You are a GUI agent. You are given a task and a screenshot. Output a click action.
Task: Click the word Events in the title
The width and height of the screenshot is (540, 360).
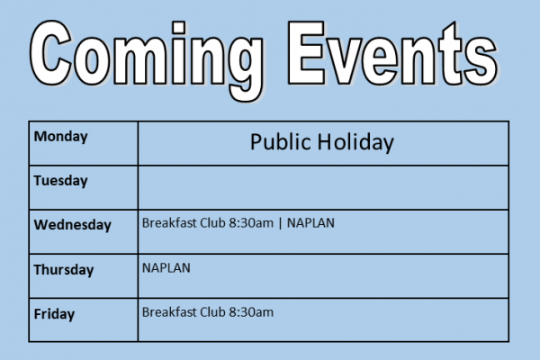(392, 53)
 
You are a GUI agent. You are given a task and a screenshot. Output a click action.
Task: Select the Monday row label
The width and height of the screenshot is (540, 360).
(60, 137)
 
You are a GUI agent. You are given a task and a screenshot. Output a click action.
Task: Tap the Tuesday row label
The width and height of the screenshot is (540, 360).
(60, 181)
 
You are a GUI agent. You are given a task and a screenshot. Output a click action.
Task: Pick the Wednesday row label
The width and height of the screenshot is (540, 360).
(72, 225)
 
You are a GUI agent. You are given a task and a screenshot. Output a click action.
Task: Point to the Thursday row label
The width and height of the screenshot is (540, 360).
(64, 269)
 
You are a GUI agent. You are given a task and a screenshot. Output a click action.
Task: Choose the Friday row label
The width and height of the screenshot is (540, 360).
(54, 314)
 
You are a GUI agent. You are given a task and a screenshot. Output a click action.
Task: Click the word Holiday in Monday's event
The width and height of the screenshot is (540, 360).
(355, 142)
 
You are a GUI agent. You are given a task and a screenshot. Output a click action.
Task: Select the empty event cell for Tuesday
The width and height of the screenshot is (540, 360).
(323, 188)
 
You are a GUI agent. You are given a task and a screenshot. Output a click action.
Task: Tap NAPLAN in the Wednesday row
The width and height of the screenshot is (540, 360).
(310, 223)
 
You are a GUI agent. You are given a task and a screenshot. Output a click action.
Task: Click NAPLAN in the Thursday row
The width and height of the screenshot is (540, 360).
(166, 268)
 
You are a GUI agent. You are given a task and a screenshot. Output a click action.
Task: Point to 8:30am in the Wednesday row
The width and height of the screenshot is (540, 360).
(251, 223)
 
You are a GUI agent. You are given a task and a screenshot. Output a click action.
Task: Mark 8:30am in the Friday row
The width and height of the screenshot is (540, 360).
(251, 312)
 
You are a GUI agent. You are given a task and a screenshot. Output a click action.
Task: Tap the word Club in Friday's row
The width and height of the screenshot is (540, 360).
(212, 312)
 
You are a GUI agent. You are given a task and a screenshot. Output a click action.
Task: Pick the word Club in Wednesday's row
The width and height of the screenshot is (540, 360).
(212, 223)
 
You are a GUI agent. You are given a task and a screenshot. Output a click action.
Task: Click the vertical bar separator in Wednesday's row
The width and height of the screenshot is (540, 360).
(280, 223)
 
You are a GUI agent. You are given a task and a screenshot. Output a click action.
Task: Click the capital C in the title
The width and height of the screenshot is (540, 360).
(51, 52)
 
